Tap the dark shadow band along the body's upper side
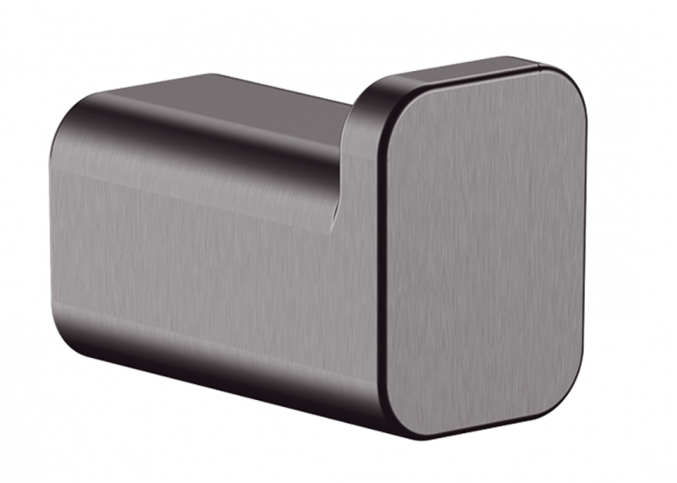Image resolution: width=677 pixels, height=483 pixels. point(212,144)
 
